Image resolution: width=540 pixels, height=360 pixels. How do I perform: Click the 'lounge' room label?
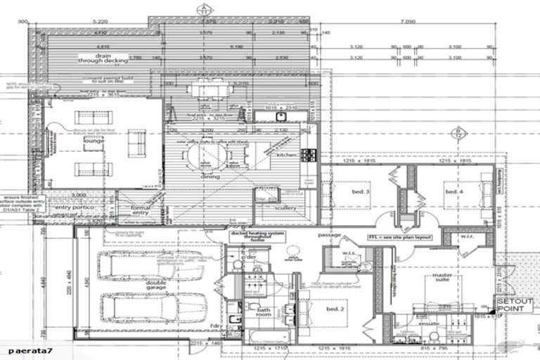point(94,141)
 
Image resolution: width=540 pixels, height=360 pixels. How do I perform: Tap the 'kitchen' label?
point(287,154)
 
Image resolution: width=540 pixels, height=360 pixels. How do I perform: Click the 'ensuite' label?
point(428,323)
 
